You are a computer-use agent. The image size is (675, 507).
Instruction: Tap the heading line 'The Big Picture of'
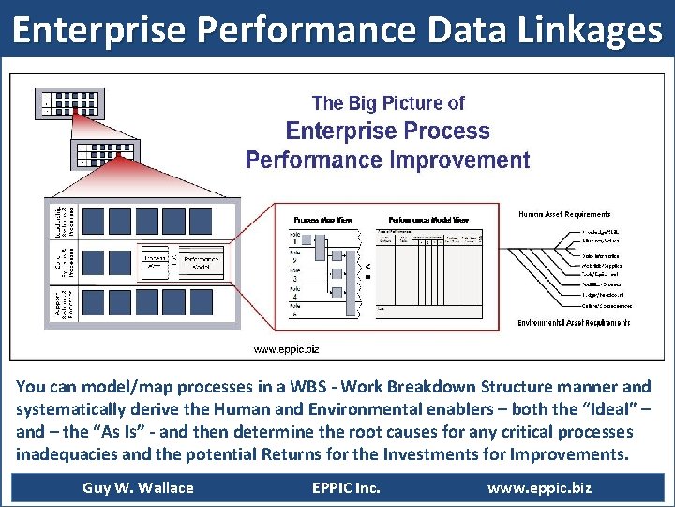coord(387,103)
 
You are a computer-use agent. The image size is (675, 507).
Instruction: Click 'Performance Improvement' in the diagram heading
coord(387,160)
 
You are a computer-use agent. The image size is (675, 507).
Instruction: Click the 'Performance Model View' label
coord(428,219)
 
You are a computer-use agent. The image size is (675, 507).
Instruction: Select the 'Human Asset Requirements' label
coord(564,215)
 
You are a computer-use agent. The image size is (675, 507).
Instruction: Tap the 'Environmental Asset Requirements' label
coord(573,323)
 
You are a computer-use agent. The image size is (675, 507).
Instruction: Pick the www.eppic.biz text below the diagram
coord(286,349)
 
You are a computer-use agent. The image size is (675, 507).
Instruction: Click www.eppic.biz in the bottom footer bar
coord(539,487)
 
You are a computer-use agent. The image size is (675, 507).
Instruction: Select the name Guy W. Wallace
coord(138,487)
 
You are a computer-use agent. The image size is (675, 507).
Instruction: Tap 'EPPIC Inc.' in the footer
coord(346,487)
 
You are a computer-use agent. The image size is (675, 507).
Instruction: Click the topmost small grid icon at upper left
coord(69,102)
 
